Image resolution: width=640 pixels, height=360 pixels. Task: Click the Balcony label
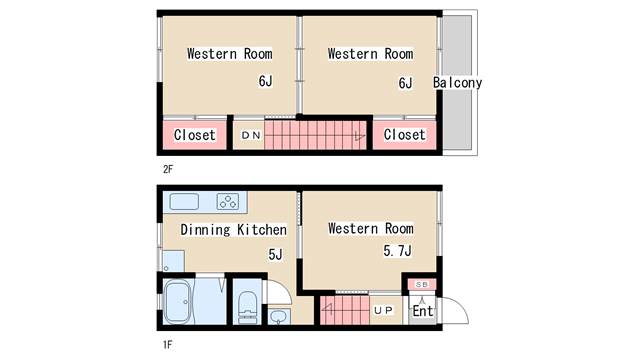tap(458, 83)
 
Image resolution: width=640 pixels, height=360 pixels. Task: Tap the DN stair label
tap(251, 135)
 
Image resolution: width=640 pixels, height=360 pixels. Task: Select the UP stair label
tap(383, 311)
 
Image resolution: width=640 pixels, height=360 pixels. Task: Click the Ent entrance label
tap(422, 311)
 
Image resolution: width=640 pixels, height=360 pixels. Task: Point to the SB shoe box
tap(422, 284)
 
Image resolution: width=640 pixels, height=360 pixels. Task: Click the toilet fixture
tap(247, 307)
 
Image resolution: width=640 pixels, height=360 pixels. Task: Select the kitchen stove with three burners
tap(228, 202)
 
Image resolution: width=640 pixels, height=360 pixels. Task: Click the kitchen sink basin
tap(184, 202)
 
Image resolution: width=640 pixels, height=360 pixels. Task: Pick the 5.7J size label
tap(397, 251)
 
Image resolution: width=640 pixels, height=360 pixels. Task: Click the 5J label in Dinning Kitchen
tap(275, 255)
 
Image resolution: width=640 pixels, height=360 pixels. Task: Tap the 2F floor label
tap(168, 169)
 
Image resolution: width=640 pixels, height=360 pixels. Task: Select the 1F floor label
tap(167, 345)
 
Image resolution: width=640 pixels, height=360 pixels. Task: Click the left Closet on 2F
tap(195, 135)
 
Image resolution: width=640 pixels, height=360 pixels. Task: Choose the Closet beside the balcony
tap(404, 135)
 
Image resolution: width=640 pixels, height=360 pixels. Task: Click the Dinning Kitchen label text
tap(233, 229)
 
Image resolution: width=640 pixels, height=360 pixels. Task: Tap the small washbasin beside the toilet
tap(280, 317)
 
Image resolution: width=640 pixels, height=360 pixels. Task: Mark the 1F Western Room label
tap(371, 229)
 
